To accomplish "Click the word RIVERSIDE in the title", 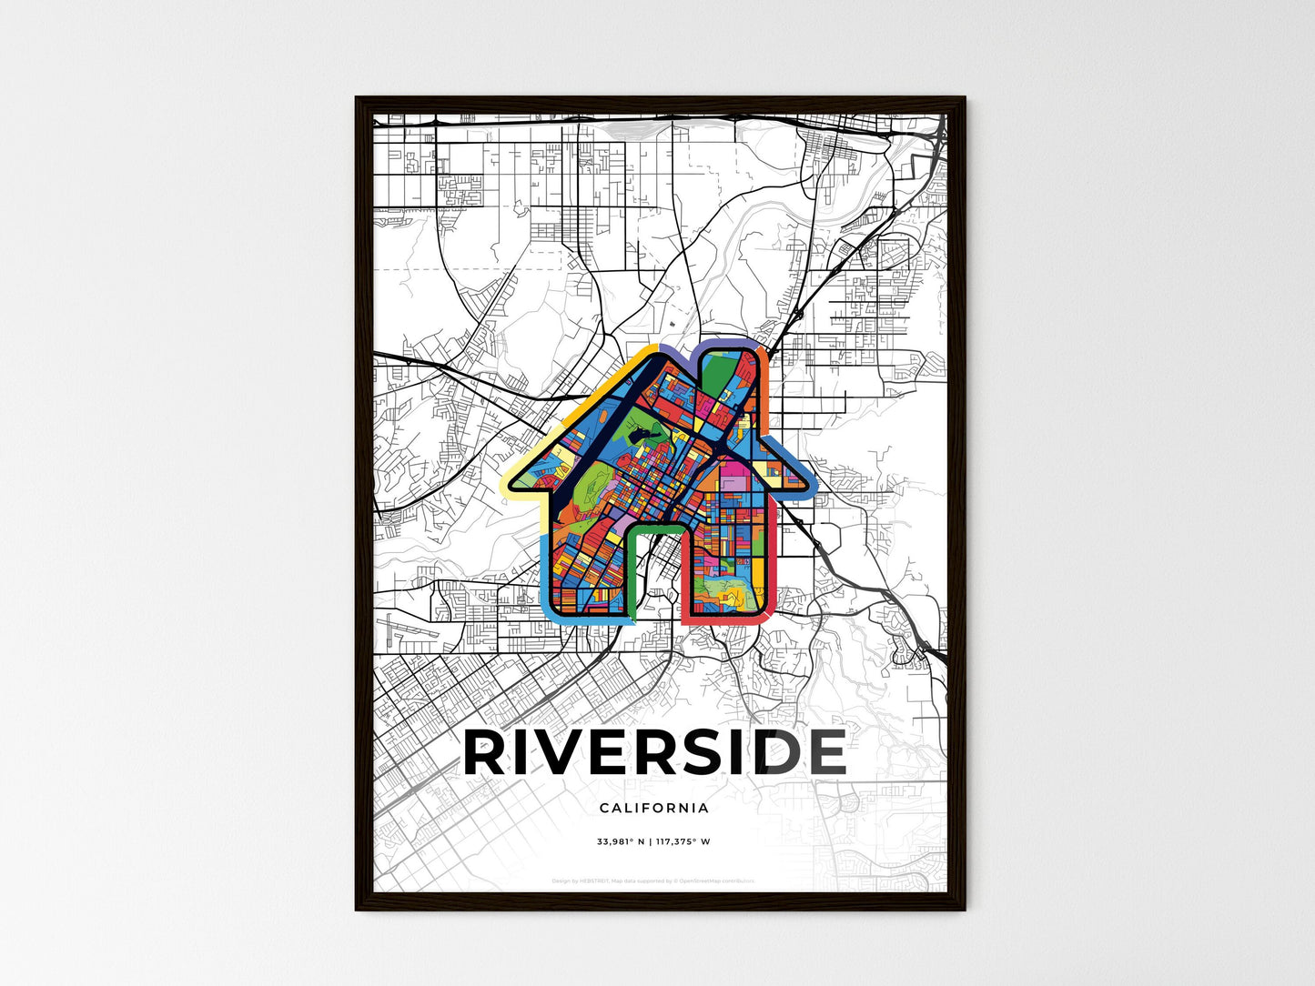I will click(654, 752).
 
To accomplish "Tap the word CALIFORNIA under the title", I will click(654, 808).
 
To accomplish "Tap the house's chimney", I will click(728, 382).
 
